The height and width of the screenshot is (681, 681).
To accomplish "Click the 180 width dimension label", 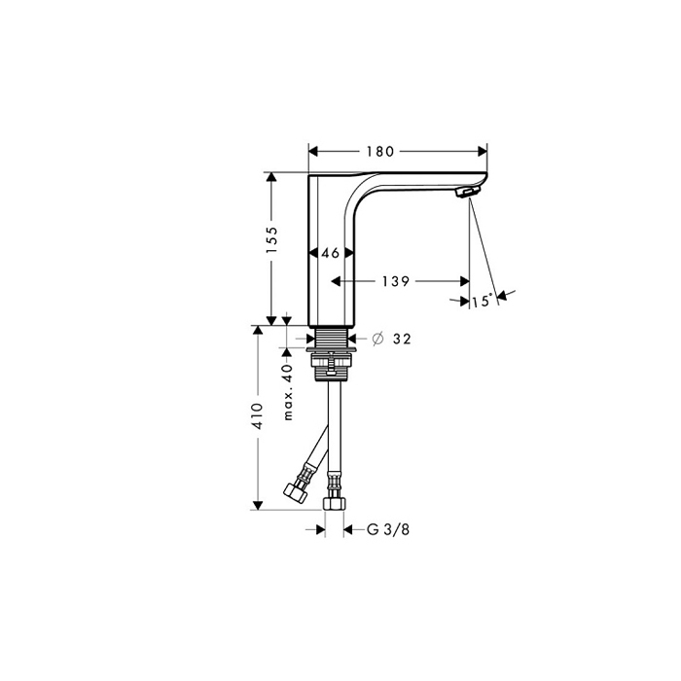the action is pyautogui.click(x=380, y=152).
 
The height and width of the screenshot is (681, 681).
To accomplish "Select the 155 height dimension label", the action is pyautogui.click(x=271, y=240).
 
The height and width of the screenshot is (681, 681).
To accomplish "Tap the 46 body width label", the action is pyautogui.click(x=330, y=253).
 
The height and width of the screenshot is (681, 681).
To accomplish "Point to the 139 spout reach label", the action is pyautogui.click(x=396, y=282).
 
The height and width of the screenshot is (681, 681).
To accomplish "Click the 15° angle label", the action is pyautogui.click(x=483, y=301).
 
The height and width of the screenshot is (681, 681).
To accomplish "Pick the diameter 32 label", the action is pyautogui.click(x=392, y=339).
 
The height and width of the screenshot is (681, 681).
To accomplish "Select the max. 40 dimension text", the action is pyautogui.click(x=288, y=392).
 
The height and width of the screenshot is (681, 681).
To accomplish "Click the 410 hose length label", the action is pyautogui.click(x=258, y=416).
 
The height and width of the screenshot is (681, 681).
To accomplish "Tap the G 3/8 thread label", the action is pyautogui.click(x=388, y=530).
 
